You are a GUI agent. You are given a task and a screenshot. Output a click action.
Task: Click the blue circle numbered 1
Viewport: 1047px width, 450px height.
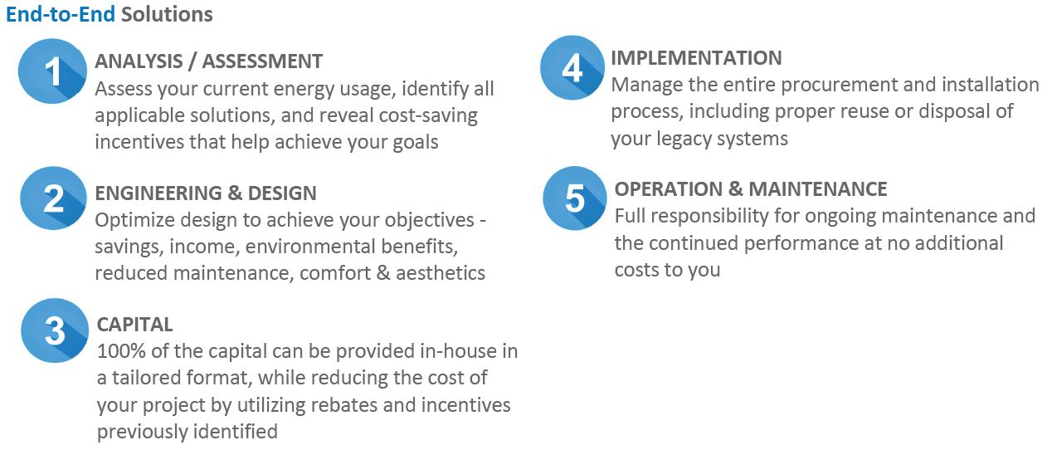(52, 71)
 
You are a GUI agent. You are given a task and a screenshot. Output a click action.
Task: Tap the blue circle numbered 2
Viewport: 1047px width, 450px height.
(53, 198)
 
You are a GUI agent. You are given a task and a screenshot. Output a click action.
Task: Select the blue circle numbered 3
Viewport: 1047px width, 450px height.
(55, 330)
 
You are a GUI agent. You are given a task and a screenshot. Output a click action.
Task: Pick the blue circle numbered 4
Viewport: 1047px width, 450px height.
(572, 68)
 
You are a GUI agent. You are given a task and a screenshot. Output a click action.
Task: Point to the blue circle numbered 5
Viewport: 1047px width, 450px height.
(575, 198)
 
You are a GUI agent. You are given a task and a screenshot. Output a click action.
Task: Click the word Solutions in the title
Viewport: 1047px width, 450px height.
(167, 14)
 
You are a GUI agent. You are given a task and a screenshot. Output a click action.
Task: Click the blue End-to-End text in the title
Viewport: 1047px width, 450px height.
(61, 14)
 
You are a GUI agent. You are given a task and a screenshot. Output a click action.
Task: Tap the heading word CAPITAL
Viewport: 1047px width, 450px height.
(134, 325)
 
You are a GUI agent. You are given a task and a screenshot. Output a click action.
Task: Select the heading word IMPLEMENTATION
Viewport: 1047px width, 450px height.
(696, 58)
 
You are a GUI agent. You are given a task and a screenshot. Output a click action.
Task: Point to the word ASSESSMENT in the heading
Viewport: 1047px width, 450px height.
(262, 61)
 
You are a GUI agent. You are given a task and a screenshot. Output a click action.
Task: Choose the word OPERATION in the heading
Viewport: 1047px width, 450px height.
(669, 189)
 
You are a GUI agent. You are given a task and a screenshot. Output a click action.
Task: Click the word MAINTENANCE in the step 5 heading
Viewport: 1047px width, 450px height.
(818, 189)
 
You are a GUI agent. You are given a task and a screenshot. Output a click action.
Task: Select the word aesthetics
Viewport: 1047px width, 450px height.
(441, 273)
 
